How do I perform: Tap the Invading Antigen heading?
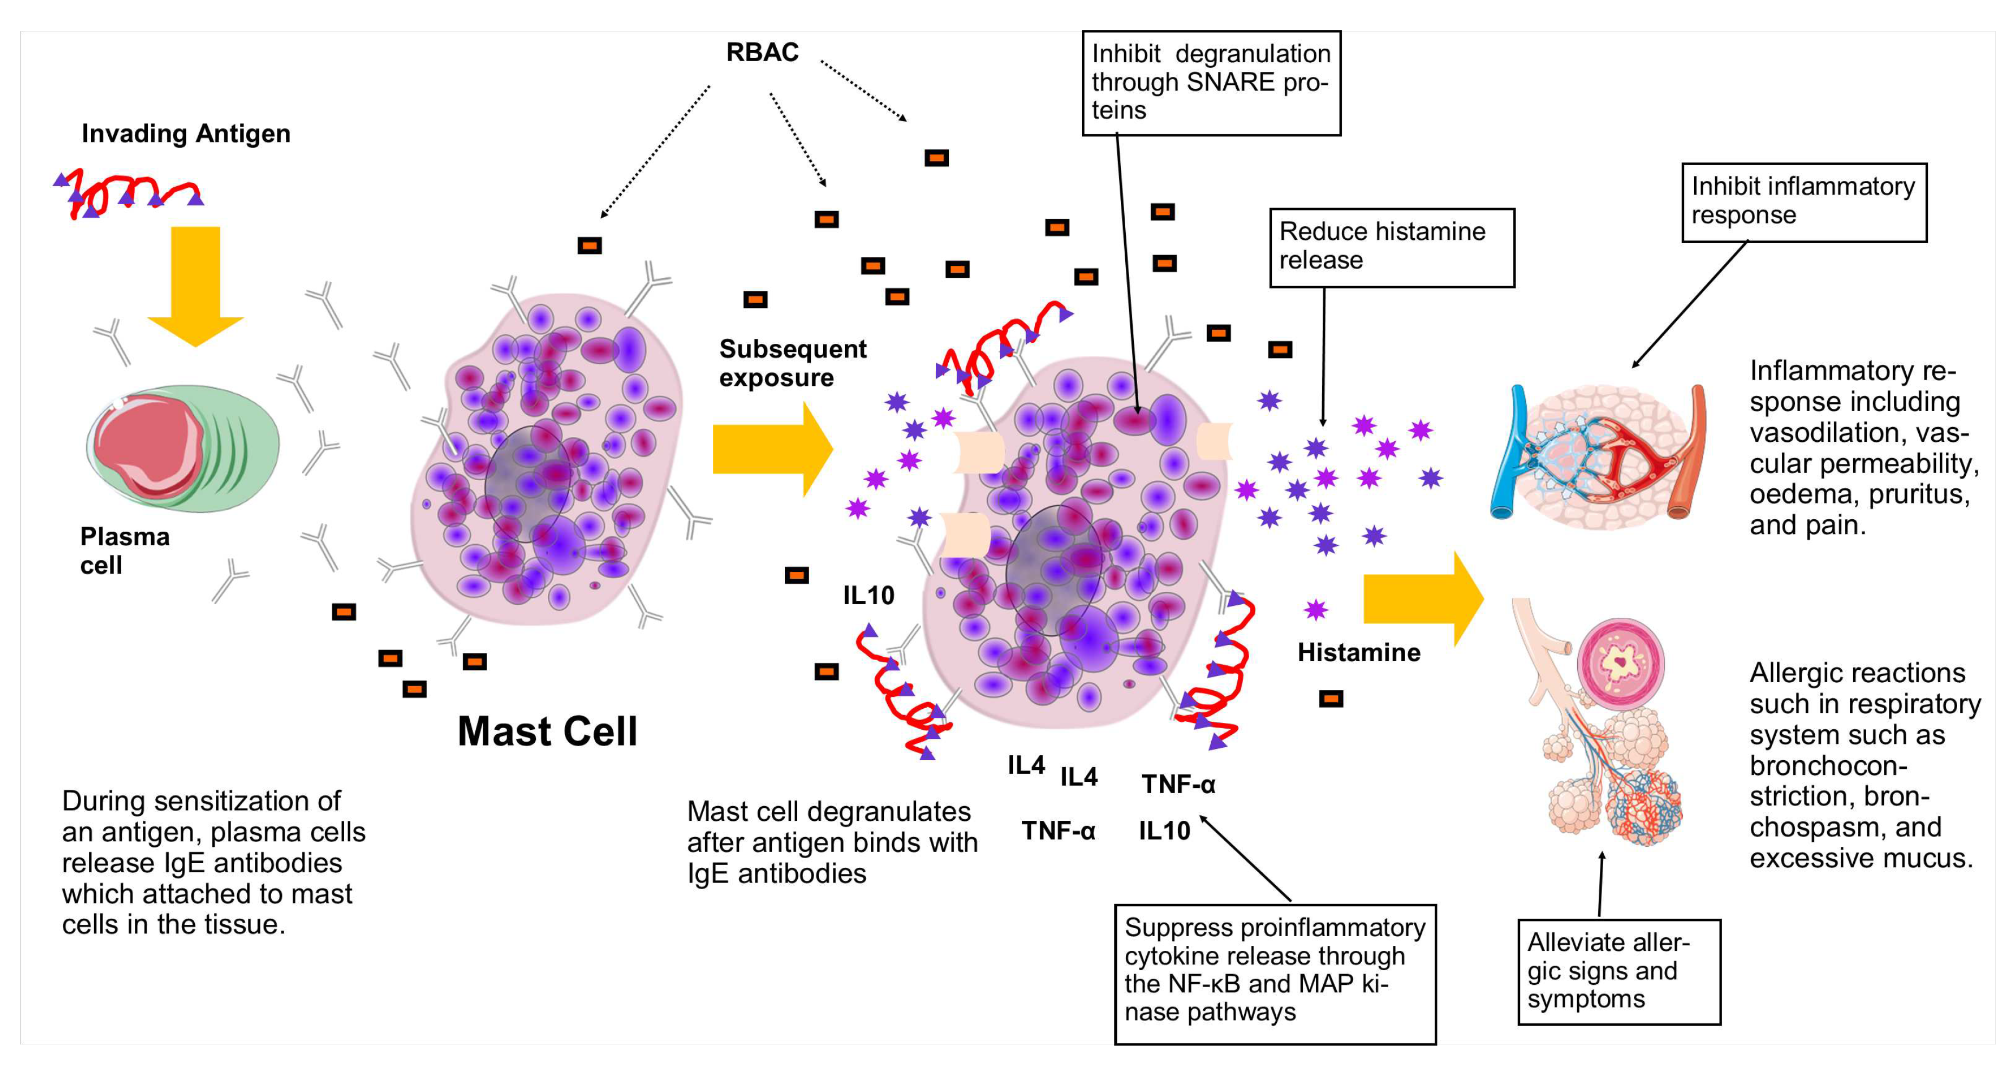click(186, 133)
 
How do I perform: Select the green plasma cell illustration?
click(183, 448)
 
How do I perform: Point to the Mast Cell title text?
click(547, 731)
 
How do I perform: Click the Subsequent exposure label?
click(791, 363)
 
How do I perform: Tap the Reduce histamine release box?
click(1392, 246)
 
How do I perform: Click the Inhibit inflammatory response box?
click(1803, 201)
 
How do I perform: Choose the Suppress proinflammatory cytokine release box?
click(1275, 972)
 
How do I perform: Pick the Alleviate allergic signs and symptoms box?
click(1618, 971)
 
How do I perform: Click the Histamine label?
click(1358, 652)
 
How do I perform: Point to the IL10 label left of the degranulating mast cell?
click(868, 596)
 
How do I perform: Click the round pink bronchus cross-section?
click(1620, 663)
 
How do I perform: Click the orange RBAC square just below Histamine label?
click(1330, 698)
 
